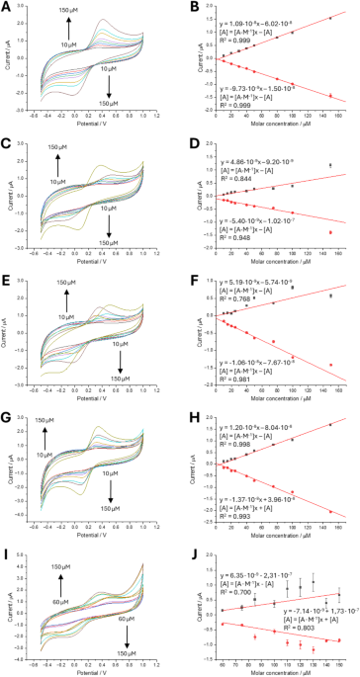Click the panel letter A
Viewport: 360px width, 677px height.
[x=6, y=7]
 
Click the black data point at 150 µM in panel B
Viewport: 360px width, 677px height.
[x=330, y=18]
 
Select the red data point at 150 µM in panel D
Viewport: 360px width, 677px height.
[x=330, y=232]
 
